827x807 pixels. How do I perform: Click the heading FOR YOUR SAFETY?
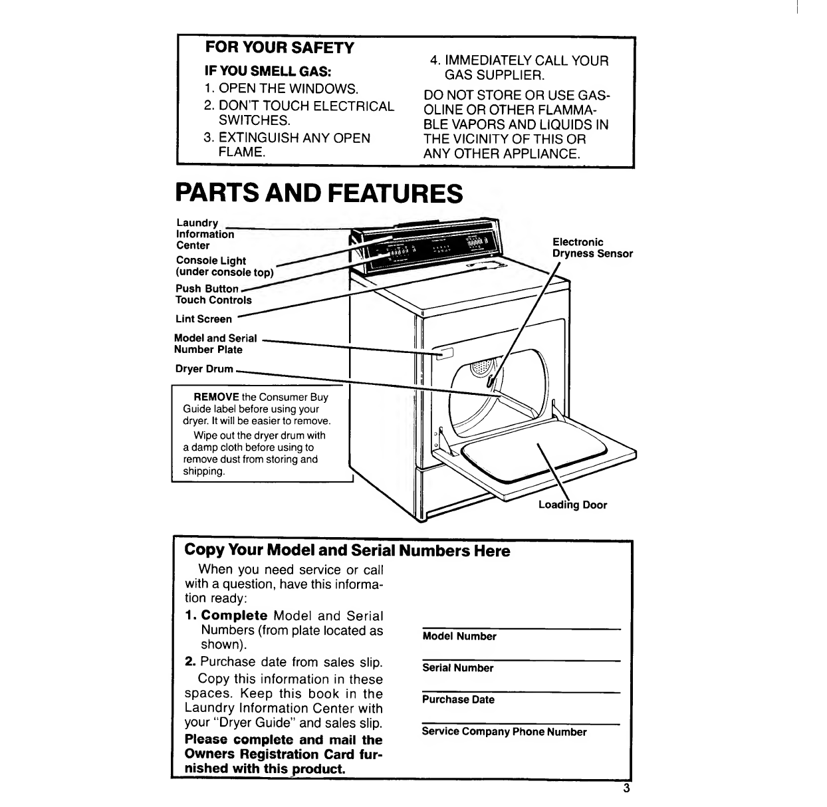tap(279, 48)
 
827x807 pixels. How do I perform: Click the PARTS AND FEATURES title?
tap(318, 193)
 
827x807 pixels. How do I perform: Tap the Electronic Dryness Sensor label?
tap(592, 248)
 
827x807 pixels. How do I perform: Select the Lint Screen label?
tap(204, 319)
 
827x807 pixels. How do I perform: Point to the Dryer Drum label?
tap(205, 369)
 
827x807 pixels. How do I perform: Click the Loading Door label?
tap(572, 505)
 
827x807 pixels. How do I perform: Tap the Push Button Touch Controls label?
tap(213, 294)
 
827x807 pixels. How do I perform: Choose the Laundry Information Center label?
tap(205, 234)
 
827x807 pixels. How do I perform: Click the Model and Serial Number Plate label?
tap(215, 344)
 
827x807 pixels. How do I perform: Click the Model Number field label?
tap(459, 637)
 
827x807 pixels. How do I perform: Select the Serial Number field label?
tap(458, 668)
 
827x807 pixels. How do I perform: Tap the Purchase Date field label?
tap(458, 700)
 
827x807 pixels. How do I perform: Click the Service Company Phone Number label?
tap(505, 732)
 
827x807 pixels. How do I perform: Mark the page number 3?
tap(626, 790)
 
